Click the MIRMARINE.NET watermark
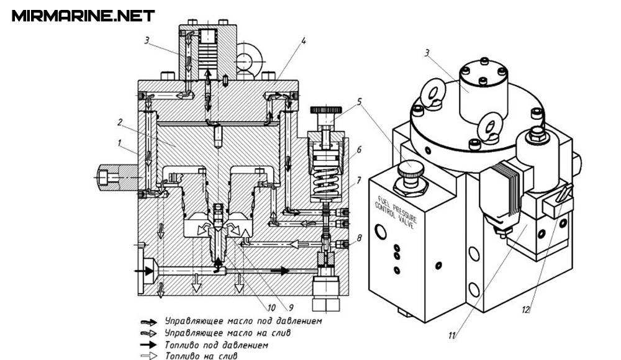click(x=83, y=16)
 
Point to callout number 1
click(x=119, y=143)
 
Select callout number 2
click(x=120, y=122)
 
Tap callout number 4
click(x=304, y=41)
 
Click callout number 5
click(x=359, y=102)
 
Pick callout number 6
click(x=359, y=150)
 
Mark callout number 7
click(x=358, y=181)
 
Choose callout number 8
click(x=359, y=238)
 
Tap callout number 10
click(x=271, y=308)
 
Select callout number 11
click(x=452, y=336)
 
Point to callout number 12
click(x=525, y=310)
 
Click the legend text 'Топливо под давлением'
click(x=216, y=345)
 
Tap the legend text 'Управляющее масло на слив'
click(x=227, y=333)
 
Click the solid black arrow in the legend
click(x=149, y=345)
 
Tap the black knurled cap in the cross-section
click(x=326, y=110)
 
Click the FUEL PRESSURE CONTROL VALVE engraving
click(x=396, y=212)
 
